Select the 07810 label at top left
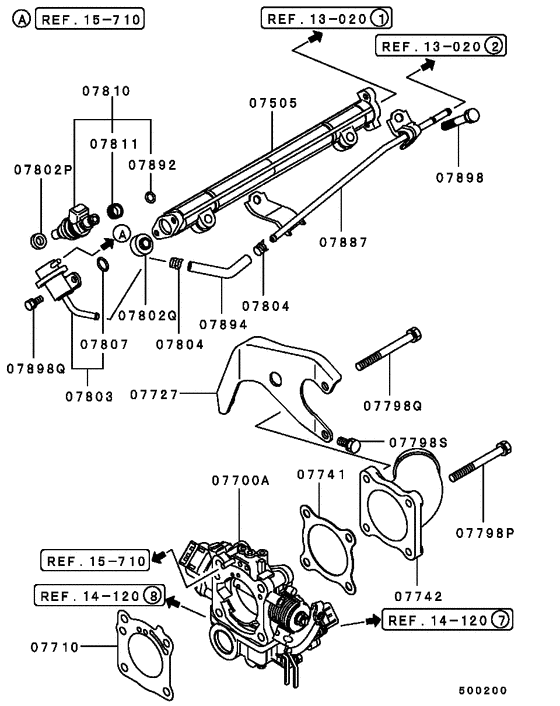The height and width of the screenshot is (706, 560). [x=107, y=91]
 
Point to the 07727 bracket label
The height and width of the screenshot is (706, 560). [x=156, y=394]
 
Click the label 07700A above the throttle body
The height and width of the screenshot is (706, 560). [x=241, y=481]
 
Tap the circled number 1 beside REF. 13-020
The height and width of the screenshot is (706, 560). [x=381, y=18]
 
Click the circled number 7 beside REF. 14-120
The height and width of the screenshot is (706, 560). [x=501, y=620]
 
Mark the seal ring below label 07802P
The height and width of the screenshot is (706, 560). [x=39, y=240]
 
